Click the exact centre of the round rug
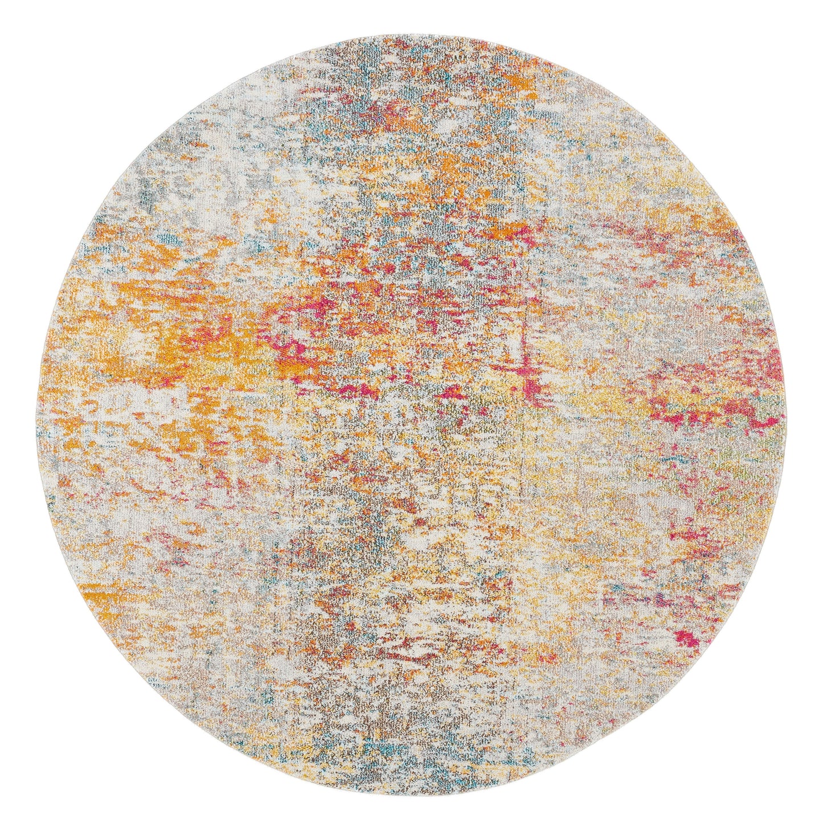click(x=411, y=412)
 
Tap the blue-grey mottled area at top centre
click(x=353, y=131)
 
